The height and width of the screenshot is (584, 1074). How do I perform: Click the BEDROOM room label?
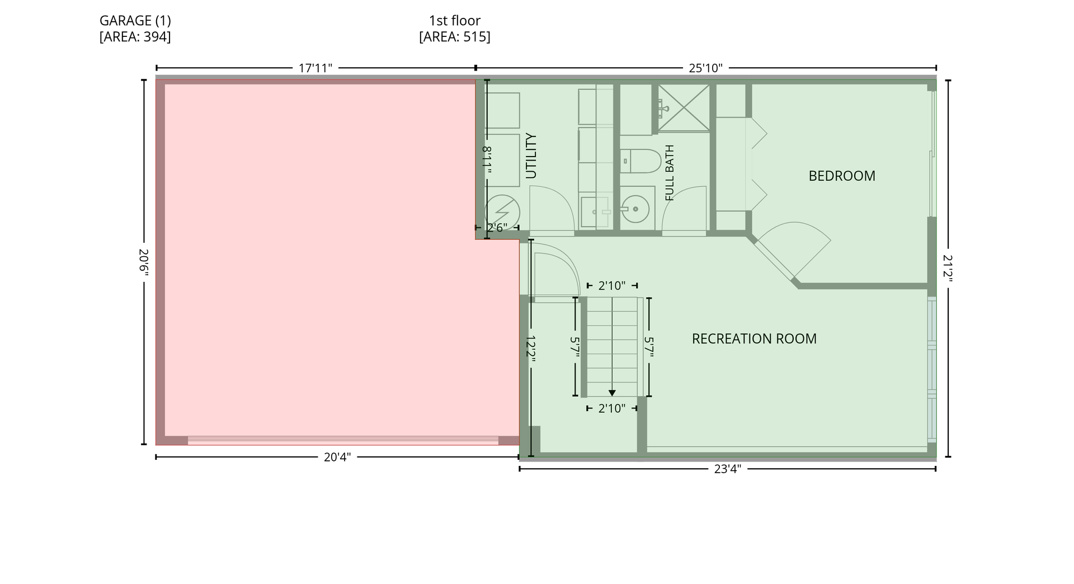click(842, 176)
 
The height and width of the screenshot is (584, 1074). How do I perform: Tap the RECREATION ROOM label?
click(754, 338)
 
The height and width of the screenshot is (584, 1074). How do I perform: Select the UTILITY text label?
click(531, 156)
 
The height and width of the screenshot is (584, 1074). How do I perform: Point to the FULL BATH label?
click(670, 172)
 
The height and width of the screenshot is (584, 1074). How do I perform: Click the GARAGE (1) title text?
click(135, 21)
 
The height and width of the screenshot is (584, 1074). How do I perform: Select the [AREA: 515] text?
click(455, 37)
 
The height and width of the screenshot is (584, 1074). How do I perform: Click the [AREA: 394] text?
click(135, 37)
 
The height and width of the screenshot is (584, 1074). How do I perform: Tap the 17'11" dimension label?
click(315, 68)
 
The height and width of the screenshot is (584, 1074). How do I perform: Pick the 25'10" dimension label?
click(705, 68)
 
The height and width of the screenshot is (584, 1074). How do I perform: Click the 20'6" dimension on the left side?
click(144, 262)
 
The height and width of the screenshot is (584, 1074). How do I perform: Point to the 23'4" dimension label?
click(727, 469)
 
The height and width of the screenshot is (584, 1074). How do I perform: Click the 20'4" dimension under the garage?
click(337, 457)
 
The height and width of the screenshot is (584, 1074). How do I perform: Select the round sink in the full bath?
click(635, 209)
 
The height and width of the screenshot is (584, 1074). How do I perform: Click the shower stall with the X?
click(684, 108)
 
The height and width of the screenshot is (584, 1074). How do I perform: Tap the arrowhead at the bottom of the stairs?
click(612, 393)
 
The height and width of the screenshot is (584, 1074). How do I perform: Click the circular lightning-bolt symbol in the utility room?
click(502, 212)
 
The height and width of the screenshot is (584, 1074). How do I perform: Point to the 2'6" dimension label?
click(497, 228)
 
